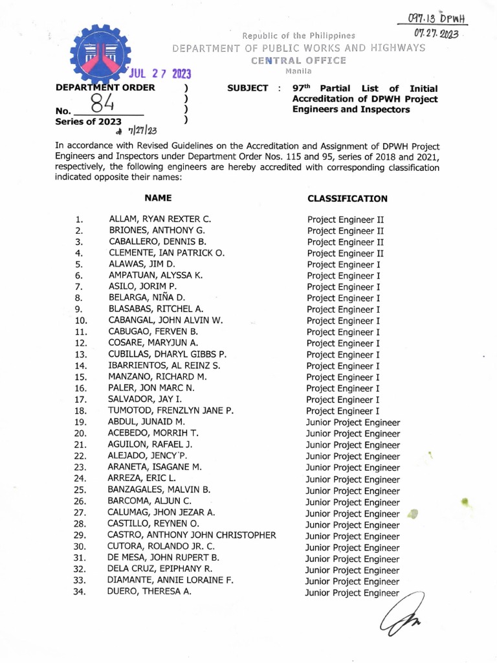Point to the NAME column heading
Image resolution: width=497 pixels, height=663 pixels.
158,198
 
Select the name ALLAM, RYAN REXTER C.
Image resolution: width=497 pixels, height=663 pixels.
160,219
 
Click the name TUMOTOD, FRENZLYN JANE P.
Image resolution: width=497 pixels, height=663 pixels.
171,410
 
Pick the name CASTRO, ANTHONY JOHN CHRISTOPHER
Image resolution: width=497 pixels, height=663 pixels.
192,535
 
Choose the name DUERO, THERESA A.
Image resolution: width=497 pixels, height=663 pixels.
150,591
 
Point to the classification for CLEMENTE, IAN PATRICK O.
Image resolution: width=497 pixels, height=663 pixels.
346,253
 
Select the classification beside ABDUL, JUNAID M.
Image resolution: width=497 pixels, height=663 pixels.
353,423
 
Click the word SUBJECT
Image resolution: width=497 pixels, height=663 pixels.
247,88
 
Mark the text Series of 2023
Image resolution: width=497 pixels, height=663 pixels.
89,120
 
